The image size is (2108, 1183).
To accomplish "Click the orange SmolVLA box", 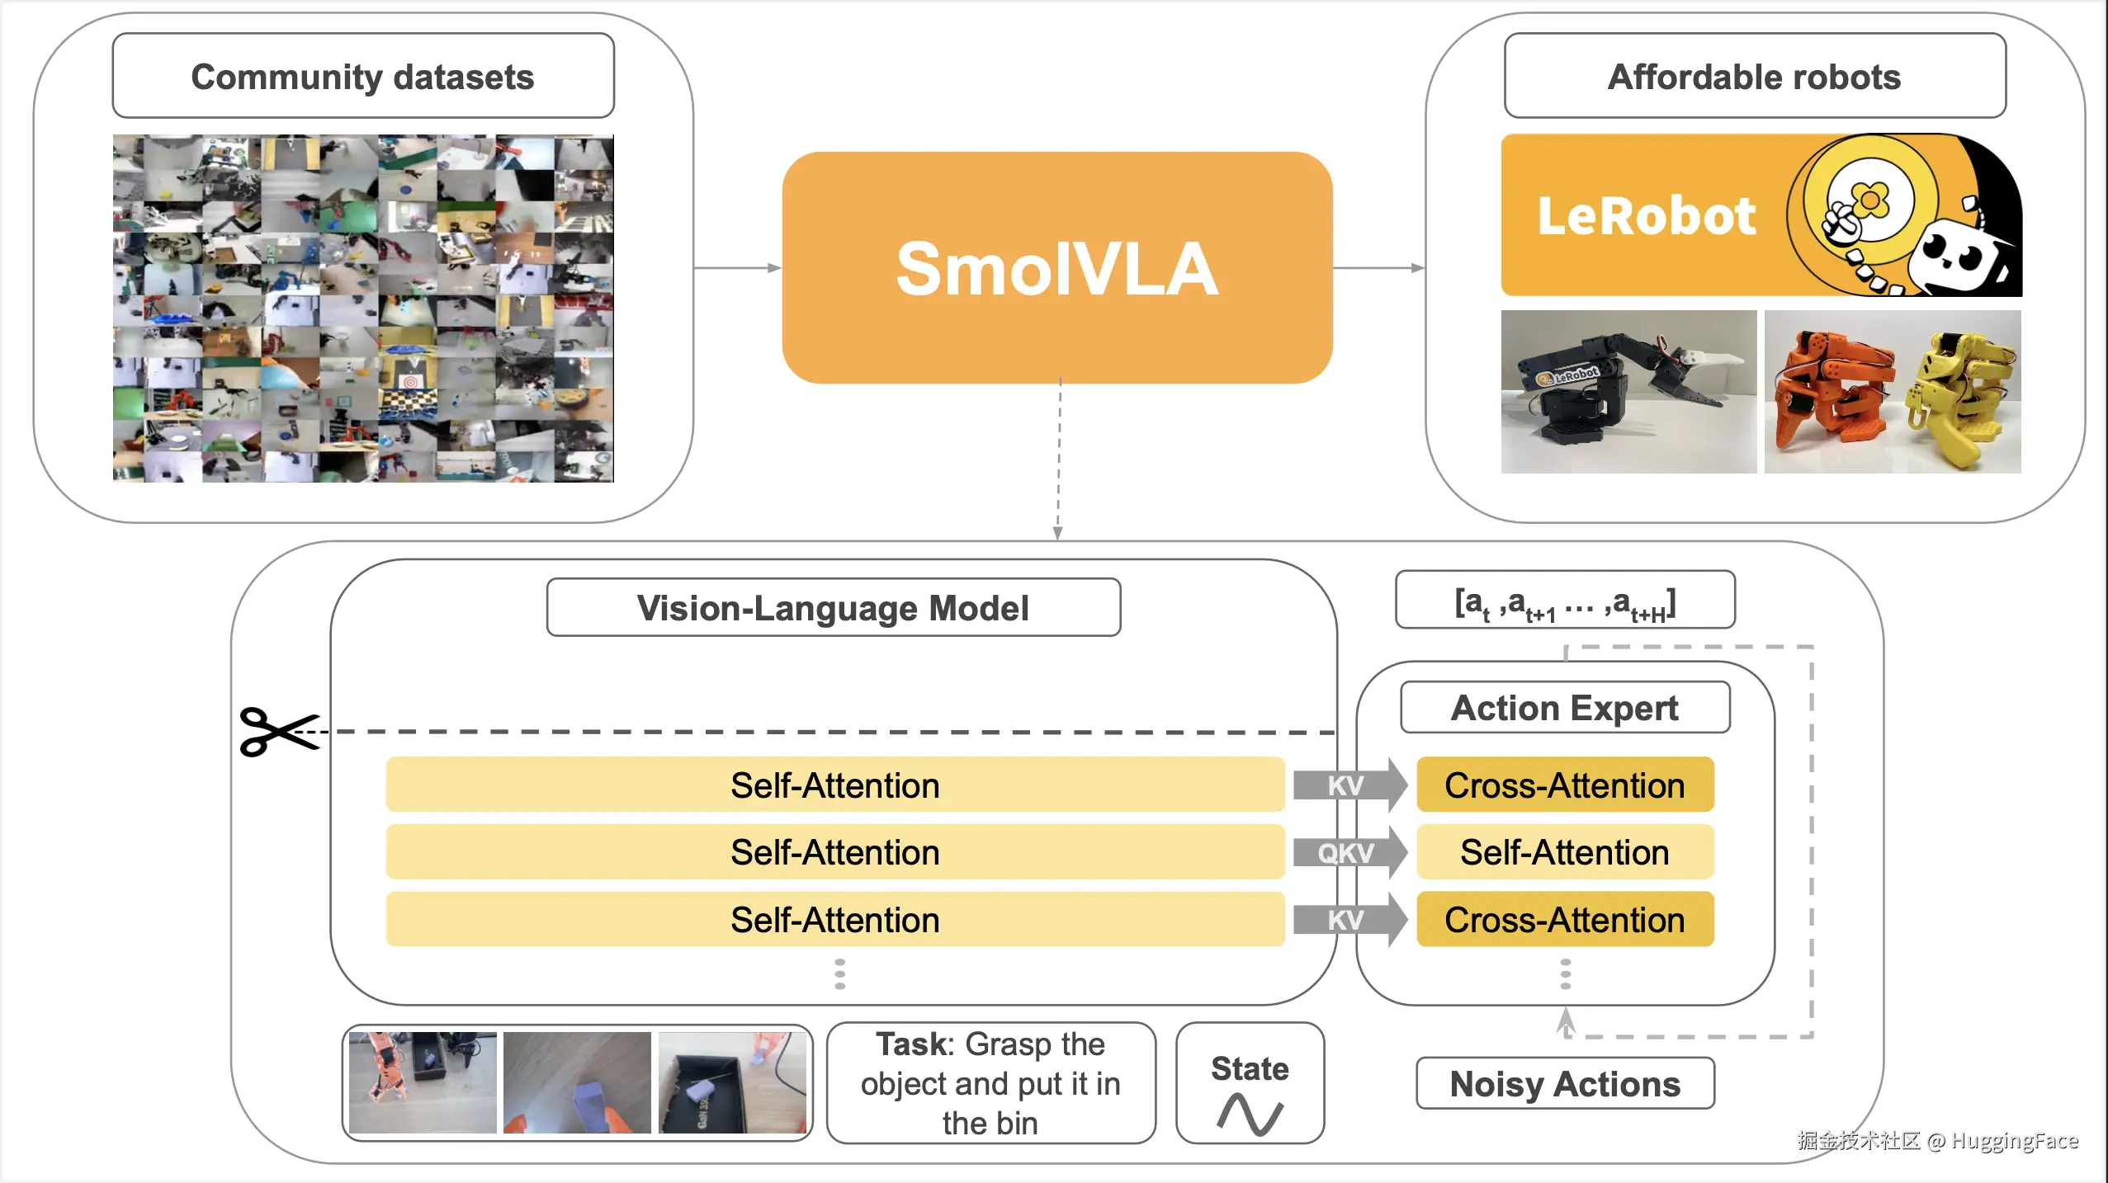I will coord(1056,268).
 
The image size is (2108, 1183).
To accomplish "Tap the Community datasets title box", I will coord(363,76).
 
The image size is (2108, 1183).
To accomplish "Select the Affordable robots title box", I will coord(1755,76).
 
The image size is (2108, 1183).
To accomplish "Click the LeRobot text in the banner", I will coord(1647,216).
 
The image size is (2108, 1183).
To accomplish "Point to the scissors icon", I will coord(278,732).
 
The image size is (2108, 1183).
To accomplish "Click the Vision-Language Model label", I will coord(834,608).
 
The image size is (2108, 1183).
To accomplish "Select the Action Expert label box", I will coord(1565,708).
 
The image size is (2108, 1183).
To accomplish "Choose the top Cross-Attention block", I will coord(1565,785).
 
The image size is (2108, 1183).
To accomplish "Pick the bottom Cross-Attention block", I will coord(1565,920).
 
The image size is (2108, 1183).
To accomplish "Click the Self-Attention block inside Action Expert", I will coord(1565,852).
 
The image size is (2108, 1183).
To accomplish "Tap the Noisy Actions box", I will coord(1565,1084).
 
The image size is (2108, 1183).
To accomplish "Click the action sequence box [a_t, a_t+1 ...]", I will coord(1565,601).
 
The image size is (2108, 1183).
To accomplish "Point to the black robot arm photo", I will coord(1628,392).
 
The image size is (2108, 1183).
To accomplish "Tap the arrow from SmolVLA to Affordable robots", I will coord(1378,268).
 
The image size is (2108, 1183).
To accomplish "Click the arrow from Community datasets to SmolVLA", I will coord(737,268).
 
